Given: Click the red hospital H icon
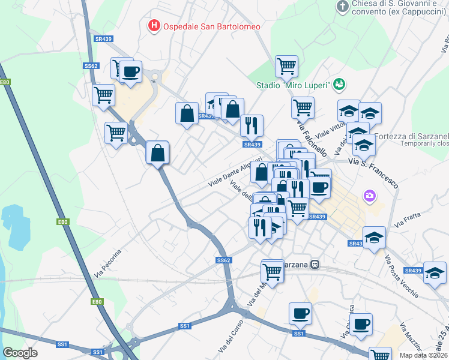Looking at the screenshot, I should coord(154,26).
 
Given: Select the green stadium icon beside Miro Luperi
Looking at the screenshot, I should coord(340,85).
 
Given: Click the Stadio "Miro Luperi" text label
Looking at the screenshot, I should coord(292,85).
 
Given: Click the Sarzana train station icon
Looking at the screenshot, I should coord(315,265).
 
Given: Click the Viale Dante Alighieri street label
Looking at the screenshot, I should coord(235,171).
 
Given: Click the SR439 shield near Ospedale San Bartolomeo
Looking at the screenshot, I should coord(103,39).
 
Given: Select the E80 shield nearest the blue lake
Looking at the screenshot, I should coord(63,222).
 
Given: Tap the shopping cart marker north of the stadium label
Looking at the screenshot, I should coord(286,67).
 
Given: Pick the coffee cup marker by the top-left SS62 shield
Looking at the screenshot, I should coord(130,72).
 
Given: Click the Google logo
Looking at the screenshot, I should coord(20,353).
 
